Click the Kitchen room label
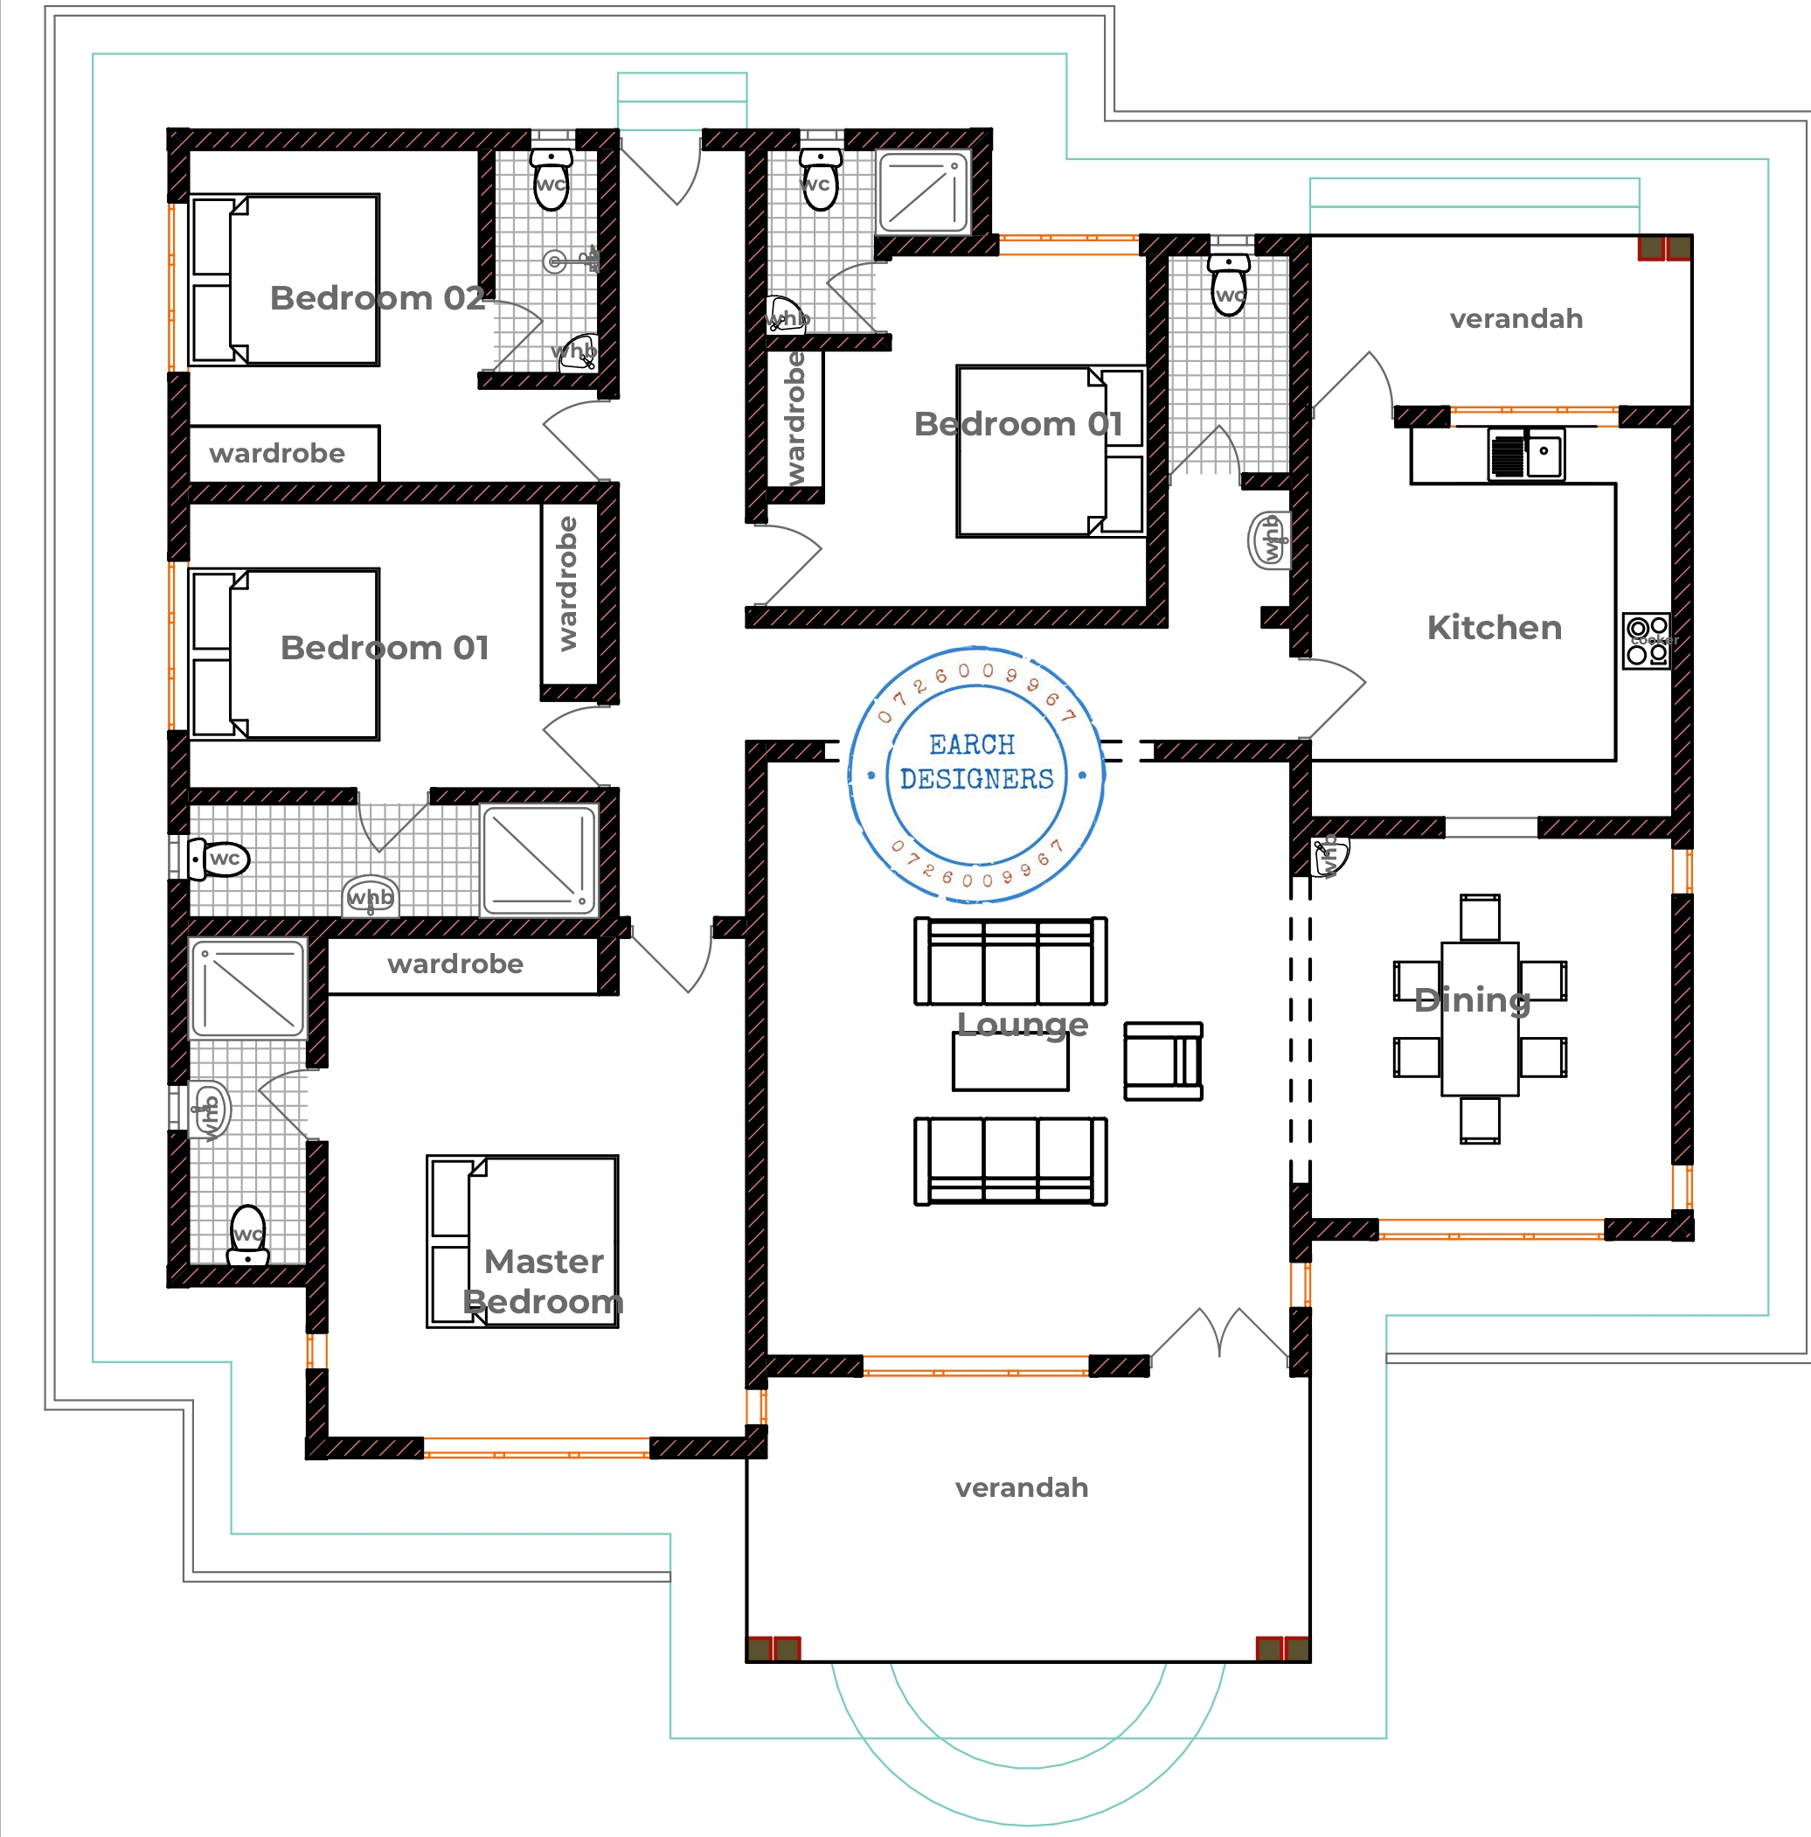[1494, 628]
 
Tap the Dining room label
[1472, 999]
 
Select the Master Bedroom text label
[543, 1281]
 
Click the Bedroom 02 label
[378, 297]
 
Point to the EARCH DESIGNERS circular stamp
[975, 775]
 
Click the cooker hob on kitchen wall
[1647, 641]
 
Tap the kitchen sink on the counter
[1526, 455]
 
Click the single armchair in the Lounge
[1162, 1061]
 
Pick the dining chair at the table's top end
[1479, 917]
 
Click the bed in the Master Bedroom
[523, 1241]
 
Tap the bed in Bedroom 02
[284, 280]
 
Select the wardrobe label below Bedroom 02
[277, 454]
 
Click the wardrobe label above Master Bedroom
[455, 964]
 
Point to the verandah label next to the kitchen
[1516, 318]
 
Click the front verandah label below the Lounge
[1021, 1487]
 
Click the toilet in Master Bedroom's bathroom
[248, 1235]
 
